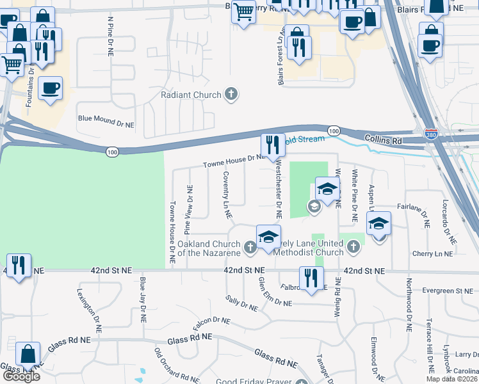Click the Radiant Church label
[x=190, y=95]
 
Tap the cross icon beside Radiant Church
[x=231, y=95]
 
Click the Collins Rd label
[x=386, y=139]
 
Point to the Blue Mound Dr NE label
[x=106, y=120]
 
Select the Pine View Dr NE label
[x=188, y=209]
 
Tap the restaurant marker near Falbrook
[x=311, y=278]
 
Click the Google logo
[x=21, y=376]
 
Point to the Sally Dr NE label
[x=242, y=303]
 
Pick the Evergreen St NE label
[x=446, y=291]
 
